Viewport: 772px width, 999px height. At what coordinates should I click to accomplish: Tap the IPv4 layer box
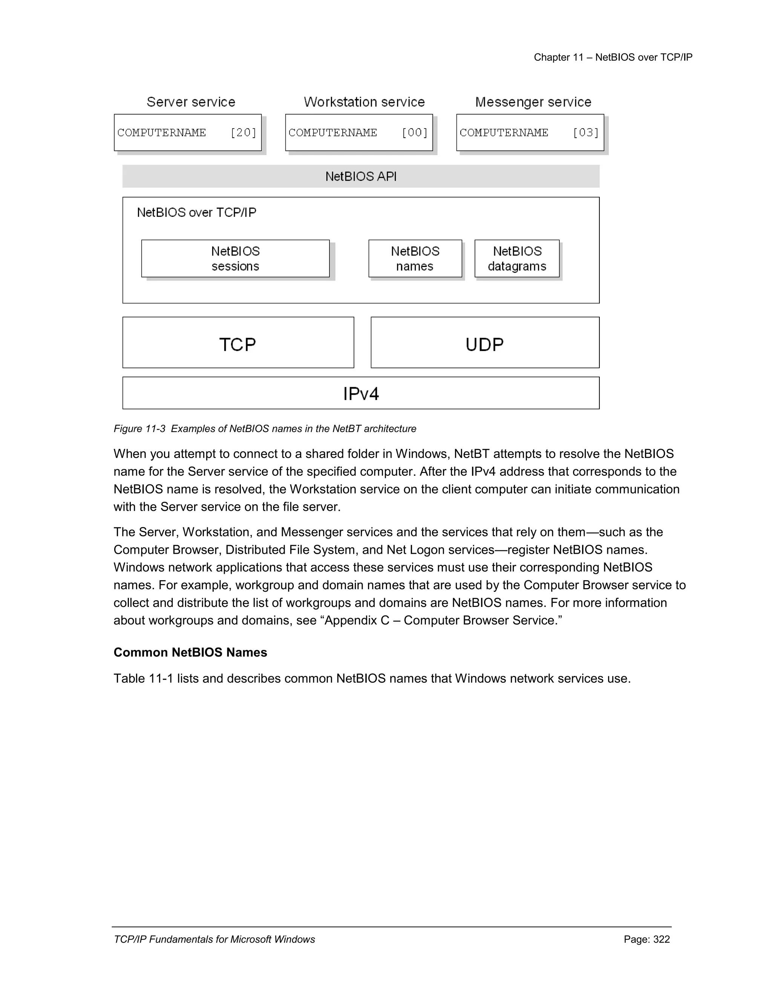(x=361, y=393)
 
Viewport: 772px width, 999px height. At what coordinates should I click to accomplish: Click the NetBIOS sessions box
(x=235, y=259)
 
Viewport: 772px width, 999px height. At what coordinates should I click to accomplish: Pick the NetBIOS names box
(x=415, y=259)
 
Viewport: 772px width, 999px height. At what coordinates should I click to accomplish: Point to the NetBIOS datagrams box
(x=517, y=259)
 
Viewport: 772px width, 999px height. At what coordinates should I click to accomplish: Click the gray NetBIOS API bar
(x=361, y=176)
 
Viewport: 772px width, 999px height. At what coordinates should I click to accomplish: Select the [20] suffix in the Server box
(x=243, y=133)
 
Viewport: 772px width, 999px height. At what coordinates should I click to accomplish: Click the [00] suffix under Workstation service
(x=414, y=133)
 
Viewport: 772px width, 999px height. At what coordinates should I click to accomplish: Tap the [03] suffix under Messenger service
(x=585, y=133)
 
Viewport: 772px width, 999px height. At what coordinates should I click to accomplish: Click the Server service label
(x=191, y=102)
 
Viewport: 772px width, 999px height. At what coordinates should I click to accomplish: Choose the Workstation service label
(x=364, y=102)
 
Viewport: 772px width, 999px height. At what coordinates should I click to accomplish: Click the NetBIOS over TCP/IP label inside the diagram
(x=197, y=213)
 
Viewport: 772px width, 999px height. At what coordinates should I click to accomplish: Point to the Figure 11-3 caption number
(x=139, y=429)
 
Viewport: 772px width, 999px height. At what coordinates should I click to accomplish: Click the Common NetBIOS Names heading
(x=190, y=652)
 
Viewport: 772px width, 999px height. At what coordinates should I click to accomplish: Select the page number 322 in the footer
(x=661, y=939)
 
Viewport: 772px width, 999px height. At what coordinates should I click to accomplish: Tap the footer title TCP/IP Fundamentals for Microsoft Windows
(x=214, y=939)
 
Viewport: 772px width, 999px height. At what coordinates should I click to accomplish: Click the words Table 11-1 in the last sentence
(x=143, y=678)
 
